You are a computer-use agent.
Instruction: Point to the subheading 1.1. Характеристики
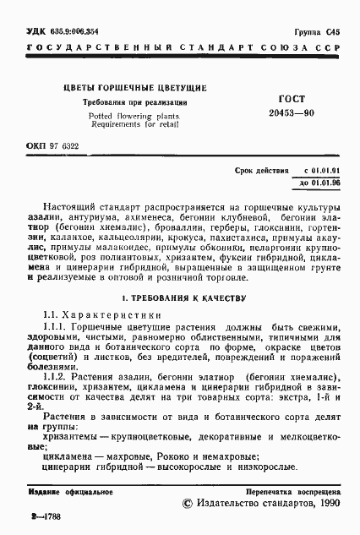tap(100, 314)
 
